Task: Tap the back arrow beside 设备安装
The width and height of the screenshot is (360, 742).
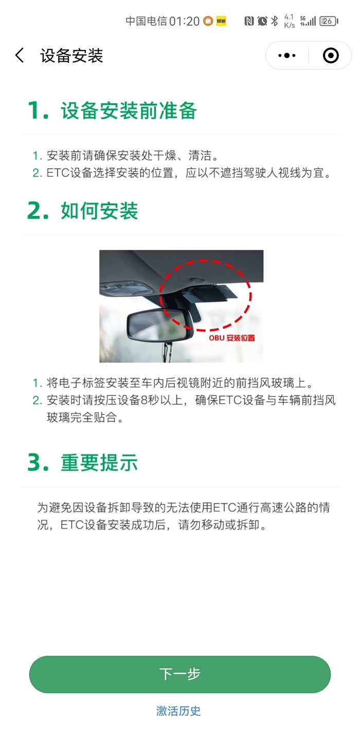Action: point(20,55)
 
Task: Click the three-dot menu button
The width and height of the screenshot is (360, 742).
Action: point(287,56)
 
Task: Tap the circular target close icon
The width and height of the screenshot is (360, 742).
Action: point(331,56)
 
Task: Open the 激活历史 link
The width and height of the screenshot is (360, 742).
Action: point(178,711)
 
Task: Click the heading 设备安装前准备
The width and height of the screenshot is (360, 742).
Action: point(129,111)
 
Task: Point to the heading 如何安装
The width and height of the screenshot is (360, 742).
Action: point(99,211)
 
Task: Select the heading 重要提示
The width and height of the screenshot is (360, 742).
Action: point(99,462)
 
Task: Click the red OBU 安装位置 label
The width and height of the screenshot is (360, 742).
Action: point(232,338)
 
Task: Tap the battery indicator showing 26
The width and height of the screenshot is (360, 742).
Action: point(329,21)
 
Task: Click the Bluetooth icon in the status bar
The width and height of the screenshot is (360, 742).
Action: point(274,21)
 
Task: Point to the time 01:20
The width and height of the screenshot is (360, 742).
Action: point(185,21)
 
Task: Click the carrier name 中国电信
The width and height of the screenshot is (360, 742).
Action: point(147,21)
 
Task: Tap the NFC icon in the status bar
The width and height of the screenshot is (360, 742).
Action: point(249,21)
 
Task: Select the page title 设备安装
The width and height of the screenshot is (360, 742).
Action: point(71,56)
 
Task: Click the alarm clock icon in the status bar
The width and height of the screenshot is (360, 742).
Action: point(262,21)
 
